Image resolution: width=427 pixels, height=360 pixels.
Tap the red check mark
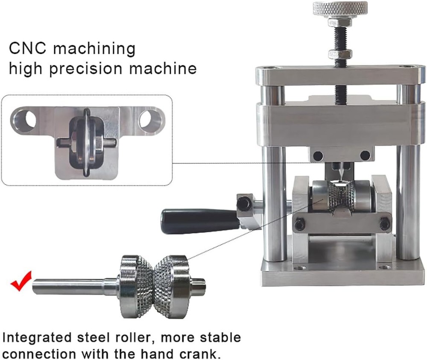[20, 281]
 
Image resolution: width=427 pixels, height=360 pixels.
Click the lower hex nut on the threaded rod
[340, 54]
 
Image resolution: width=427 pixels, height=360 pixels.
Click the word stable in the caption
[217, 337]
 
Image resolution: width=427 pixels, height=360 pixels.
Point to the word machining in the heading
[95, 48]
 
